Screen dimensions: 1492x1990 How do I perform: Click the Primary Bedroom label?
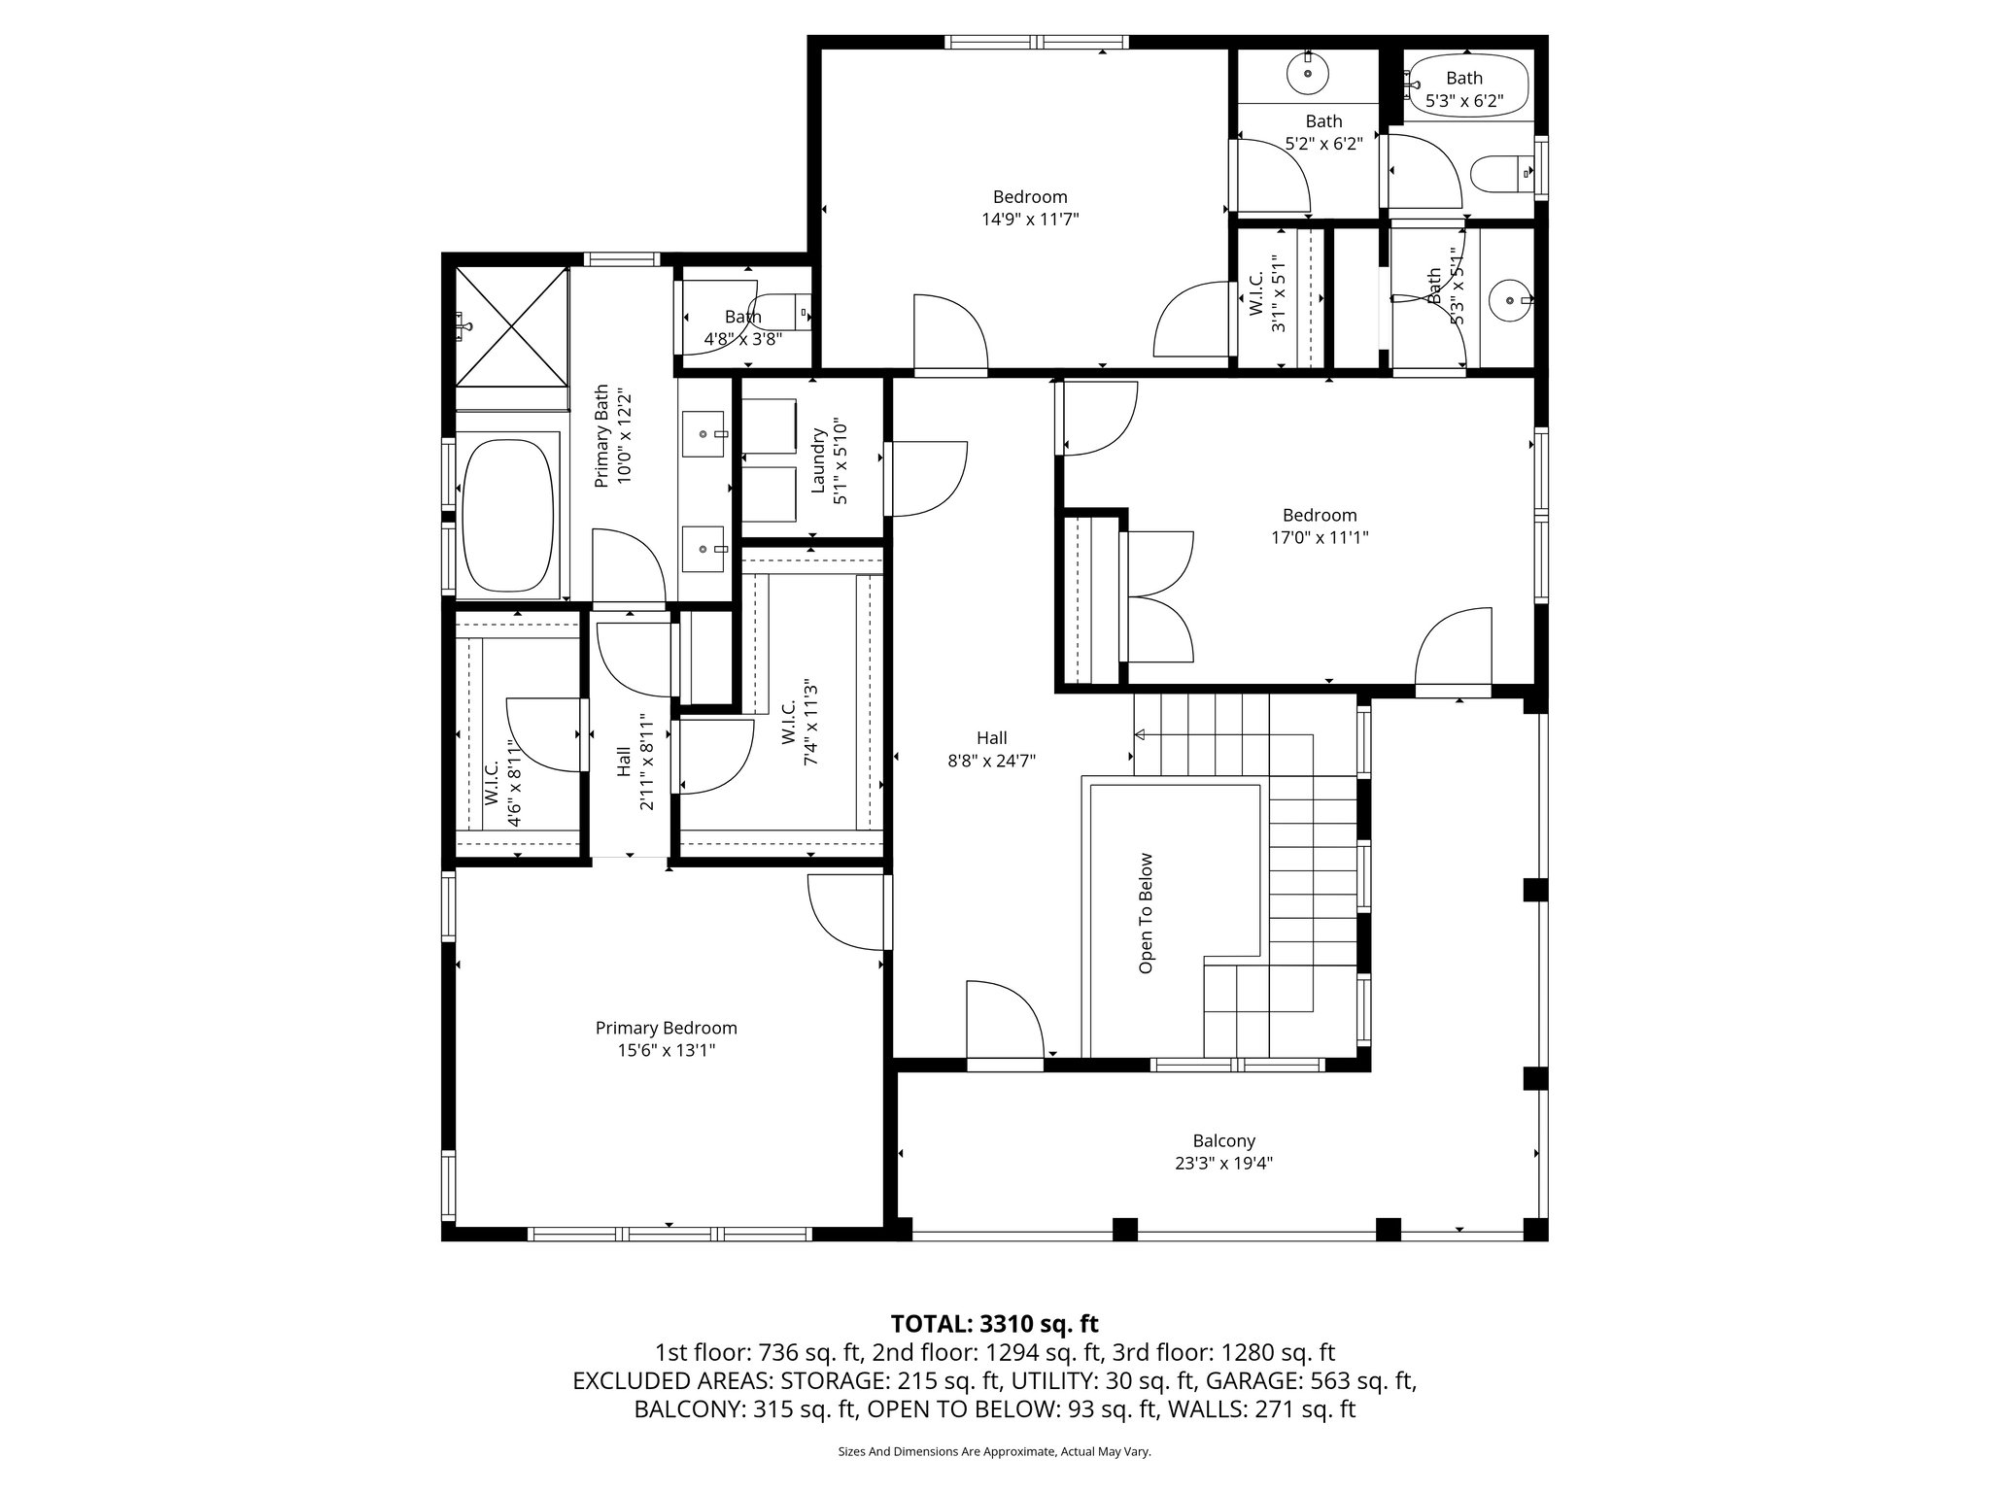pos(666,1028)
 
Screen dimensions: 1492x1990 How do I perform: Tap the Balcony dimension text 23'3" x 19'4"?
pos(1223,1163)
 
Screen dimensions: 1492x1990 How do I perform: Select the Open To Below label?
pos(1147,913)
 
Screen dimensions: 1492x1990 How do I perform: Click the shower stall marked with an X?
pos(512,327)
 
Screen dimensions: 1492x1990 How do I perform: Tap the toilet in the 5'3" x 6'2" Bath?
pos(1496,176)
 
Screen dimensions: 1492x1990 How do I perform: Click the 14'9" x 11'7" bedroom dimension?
pos(1030,220)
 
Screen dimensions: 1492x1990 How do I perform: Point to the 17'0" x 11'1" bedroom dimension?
pos(1319,537)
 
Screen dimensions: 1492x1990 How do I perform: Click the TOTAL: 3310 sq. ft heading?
pos(994,1323)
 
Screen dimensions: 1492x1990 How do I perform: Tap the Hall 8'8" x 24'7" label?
pos(991,749)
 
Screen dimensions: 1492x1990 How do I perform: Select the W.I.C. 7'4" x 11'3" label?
pos(800,722)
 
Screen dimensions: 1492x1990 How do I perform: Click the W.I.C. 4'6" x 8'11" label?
pos(502,782)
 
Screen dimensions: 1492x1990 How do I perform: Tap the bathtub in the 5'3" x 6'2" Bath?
pos(1467,87)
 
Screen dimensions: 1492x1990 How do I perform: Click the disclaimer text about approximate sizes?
pos(994,1451)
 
